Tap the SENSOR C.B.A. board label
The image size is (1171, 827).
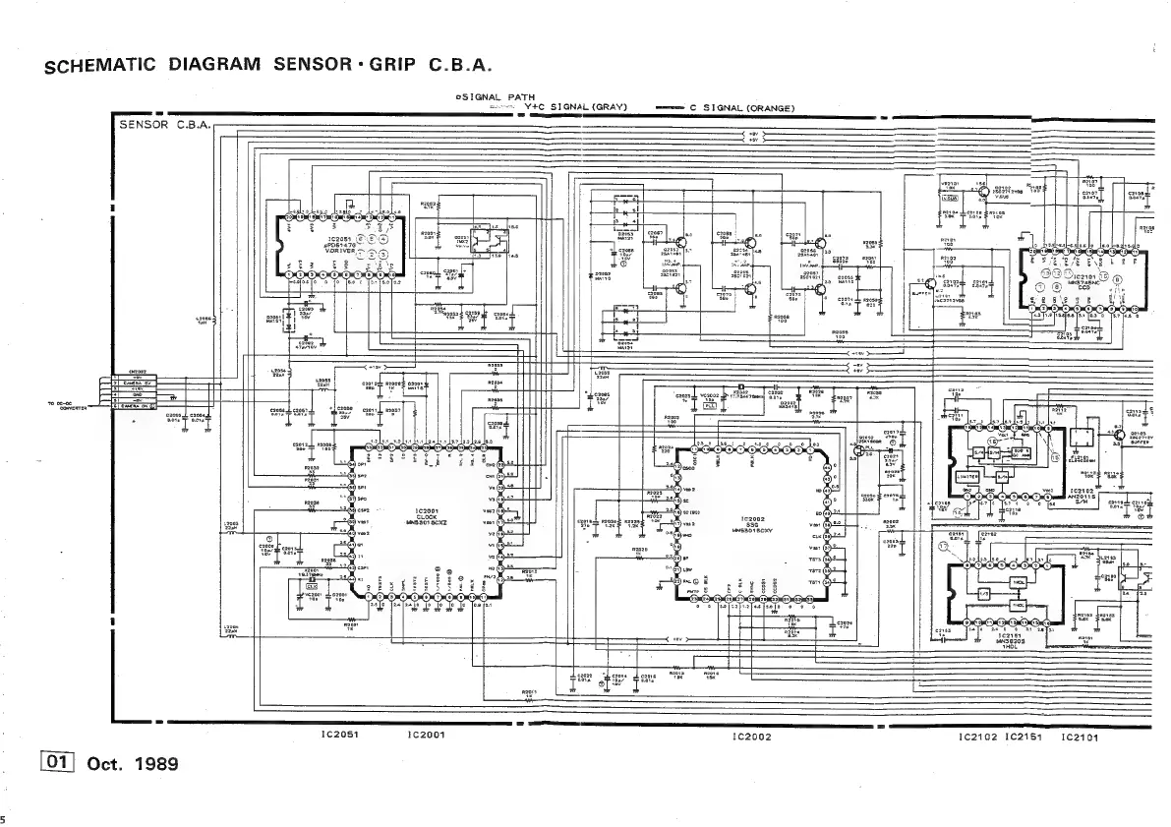(158, 126)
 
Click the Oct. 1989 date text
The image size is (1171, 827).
(133, 763)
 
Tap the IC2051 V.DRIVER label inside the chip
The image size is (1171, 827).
(327, 243)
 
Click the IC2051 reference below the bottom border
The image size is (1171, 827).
(337, 735)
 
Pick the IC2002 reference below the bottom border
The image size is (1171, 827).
(751, 736)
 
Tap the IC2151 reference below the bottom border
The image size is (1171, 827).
(1023, 736)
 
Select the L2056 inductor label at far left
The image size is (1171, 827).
(205, 321)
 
